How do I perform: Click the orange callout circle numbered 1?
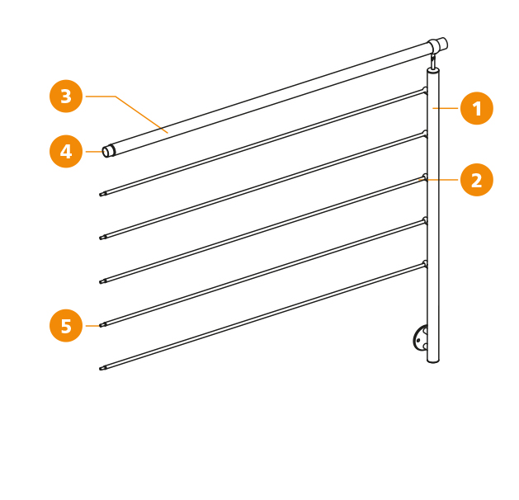click(x=477, y=108)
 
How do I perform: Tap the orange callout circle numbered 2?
click(x=477, y=180)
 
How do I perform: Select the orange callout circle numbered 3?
click(x=66, y=97)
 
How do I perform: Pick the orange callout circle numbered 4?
click(x=66, y=152)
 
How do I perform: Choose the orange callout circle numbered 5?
click(x=66, y=326)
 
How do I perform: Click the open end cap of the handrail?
click(x=108, y=151)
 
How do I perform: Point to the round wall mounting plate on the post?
click(x=420, y=338)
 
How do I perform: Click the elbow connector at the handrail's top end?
click(x=437, y=45)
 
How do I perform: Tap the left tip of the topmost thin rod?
click(x=101, y=195)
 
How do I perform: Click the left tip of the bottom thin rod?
click(x=101, y=369)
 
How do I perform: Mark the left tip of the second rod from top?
click(x=101, y=238)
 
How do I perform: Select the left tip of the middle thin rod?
click(x=101, y=281)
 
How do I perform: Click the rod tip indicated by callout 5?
click(x=101, y=325)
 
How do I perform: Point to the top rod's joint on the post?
click(x=425, y=91)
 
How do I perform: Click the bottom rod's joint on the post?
click(x=425, y=264)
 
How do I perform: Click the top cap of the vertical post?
click(x=433, y=70)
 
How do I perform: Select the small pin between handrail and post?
click(x=432, y=61)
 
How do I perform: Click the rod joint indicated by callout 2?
click(x=425, y=177)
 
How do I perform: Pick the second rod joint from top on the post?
click(x=425, y=134)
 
